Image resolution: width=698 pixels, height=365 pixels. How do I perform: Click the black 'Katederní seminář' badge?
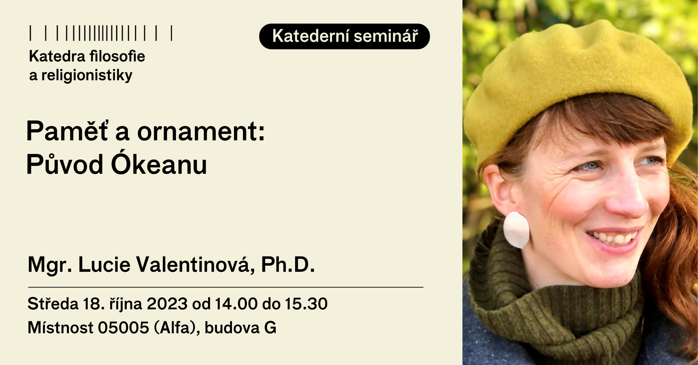point(344,36)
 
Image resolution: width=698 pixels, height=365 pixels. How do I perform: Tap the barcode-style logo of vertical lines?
point(101,33)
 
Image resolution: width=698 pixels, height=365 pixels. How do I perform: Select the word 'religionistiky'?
point(87,75)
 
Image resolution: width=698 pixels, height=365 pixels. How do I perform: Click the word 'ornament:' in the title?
point(201,132)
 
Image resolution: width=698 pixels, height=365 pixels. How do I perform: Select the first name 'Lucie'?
point(104,265)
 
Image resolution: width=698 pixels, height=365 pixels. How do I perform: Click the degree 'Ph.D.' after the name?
point(288,265)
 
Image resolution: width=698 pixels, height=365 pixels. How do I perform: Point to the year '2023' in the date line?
point(167,304)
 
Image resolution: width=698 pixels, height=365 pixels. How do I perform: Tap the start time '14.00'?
point(236,304)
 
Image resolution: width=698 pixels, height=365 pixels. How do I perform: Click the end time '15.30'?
point(306,304)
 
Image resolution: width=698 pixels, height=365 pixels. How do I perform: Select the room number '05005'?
point(123,328)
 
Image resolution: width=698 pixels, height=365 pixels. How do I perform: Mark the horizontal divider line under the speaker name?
point(226,287)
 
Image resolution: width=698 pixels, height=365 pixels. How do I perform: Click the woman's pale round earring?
point(517,230)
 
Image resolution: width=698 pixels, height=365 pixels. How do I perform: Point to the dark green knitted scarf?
point(553,307)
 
